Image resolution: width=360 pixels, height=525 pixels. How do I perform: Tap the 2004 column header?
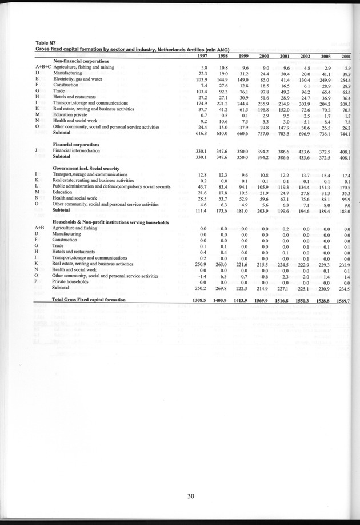coord(345,56)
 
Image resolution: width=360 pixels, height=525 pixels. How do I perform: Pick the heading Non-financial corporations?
coord(82,61)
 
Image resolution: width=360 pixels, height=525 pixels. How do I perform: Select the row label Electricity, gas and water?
coord(77,79)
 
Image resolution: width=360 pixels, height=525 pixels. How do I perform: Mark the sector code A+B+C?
coord(42,67)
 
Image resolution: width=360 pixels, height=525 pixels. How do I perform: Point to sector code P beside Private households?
coord(37,281)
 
